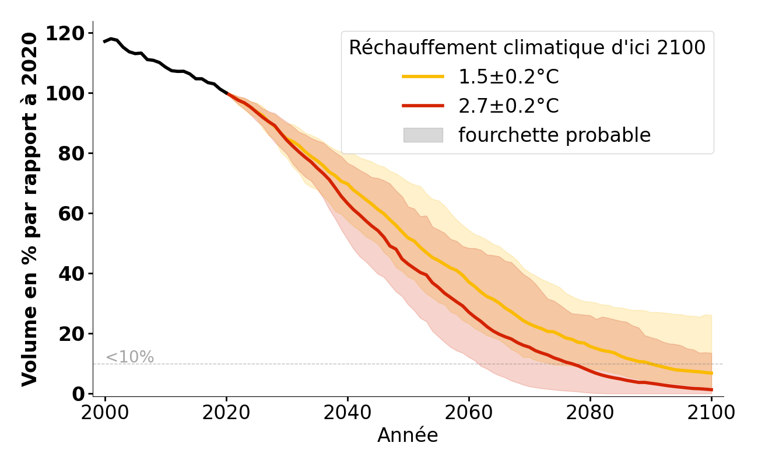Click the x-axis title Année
pos(408,435)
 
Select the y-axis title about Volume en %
pos(30,209)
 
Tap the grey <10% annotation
pos(129,357)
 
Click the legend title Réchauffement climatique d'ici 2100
pos(527,48)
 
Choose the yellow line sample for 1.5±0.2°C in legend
pos(423,76)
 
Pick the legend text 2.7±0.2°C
pos(508,106)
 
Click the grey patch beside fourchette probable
pos(423,135)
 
